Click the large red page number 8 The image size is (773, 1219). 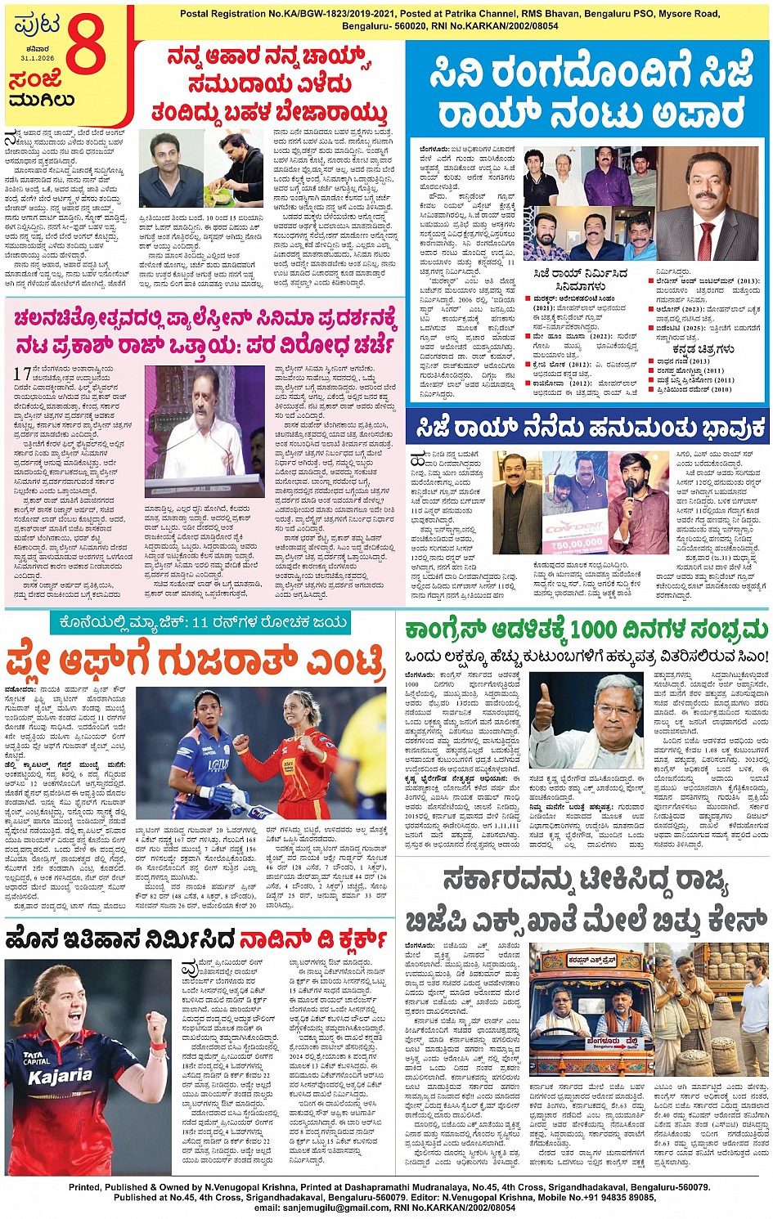click(86, 47)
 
